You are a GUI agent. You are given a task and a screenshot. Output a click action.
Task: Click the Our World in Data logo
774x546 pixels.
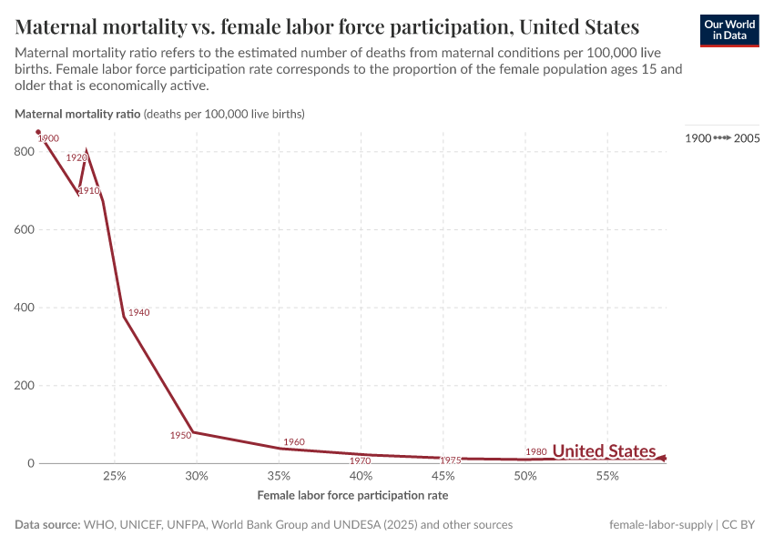[728, 30]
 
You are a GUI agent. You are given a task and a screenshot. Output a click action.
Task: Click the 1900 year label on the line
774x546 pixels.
[49, 138]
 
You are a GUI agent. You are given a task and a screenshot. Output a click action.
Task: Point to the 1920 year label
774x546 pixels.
[76, 157]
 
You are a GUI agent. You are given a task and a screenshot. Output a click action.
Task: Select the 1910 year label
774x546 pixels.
[88, 191]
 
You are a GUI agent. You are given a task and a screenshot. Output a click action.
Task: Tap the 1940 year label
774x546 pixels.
[138, 312]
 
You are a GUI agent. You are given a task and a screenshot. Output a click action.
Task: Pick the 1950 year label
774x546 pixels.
[180, 435]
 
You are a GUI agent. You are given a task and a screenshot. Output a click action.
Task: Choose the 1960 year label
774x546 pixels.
[294, 442]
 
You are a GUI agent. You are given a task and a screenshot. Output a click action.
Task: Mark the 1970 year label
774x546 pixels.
[361, 461]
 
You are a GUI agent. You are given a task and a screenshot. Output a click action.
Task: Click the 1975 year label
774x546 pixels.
[450, 460]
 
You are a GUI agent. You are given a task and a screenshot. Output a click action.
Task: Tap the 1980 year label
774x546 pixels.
[536, 451]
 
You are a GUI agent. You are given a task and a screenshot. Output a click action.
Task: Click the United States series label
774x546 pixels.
[604, 451]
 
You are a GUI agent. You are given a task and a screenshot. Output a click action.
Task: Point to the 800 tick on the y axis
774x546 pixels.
[24, 152]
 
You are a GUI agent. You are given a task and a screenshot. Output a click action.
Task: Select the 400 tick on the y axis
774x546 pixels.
[24, 308]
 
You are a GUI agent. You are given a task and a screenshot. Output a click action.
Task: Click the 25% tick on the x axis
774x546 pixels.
[114, 477]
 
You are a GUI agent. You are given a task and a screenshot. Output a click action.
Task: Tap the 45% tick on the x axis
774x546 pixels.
[443, 477]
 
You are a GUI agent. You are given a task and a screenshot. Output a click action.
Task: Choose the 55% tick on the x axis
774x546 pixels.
[607, 477]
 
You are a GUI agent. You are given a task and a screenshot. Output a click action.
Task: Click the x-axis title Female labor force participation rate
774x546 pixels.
[352, 496]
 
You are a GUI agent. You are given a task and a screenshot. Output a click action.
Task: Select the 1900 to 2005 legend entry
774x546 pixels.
[722, 138]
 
